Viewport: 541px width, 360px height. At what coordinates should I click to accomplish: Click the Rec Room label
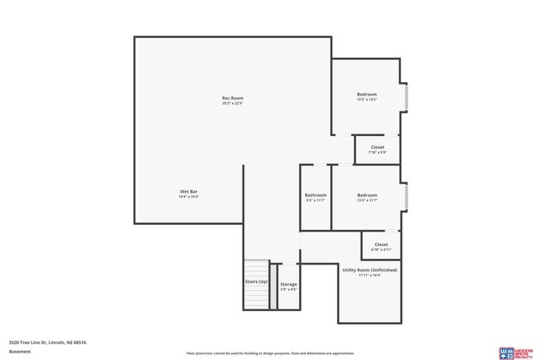(x=232, y=99)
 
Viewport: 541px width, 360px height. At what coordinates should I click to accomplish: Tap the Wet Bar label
(x=189, y=192)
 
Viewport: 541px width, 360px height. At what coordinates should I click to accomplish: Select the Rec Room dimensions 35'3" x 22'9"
(x=232, y=104)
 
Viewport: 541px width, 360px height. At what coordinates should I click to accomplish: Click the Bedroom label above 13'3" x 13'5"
(x=366, y=94)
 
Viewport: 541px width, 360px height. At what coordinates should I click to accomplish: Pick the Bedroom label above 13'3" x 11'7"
(x=366, y=195)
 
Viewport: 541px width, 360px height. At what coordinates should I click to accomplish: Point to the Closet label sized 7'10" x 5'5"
(x=377, y=147)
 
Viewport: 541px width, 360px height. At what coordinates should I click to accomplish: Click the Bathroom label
(x=315, y=195)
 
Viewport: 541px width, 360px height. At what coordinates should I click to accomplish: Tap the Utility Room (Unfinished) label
(x=369, y=270)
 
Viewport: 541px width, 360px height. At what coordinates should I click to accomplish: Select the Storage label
(x=288, y=284)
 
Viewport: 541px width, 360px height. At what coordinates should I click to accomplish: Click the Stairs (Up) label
(x=256, y=281)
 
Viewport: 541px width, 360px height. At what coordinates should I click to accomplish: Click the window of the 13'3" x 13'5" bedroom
(x=406, y=97)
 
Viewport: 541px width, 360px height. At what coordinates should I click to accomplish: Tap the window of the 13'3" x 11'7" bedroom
(x=406, y=198)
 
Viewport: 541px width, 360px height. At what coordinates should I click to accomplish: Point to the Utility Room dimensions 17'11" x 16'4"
(x=369, y=275)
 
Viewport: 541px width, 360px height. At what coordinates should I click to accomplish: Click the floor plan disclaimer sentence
(x=270, y=353)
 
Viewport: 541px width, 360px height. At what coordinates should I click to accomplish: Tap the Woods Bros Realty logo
(x=516, y=352)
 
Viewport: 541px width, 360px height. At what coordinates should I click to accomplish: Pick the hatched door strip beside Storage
(x=273, y=287)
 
